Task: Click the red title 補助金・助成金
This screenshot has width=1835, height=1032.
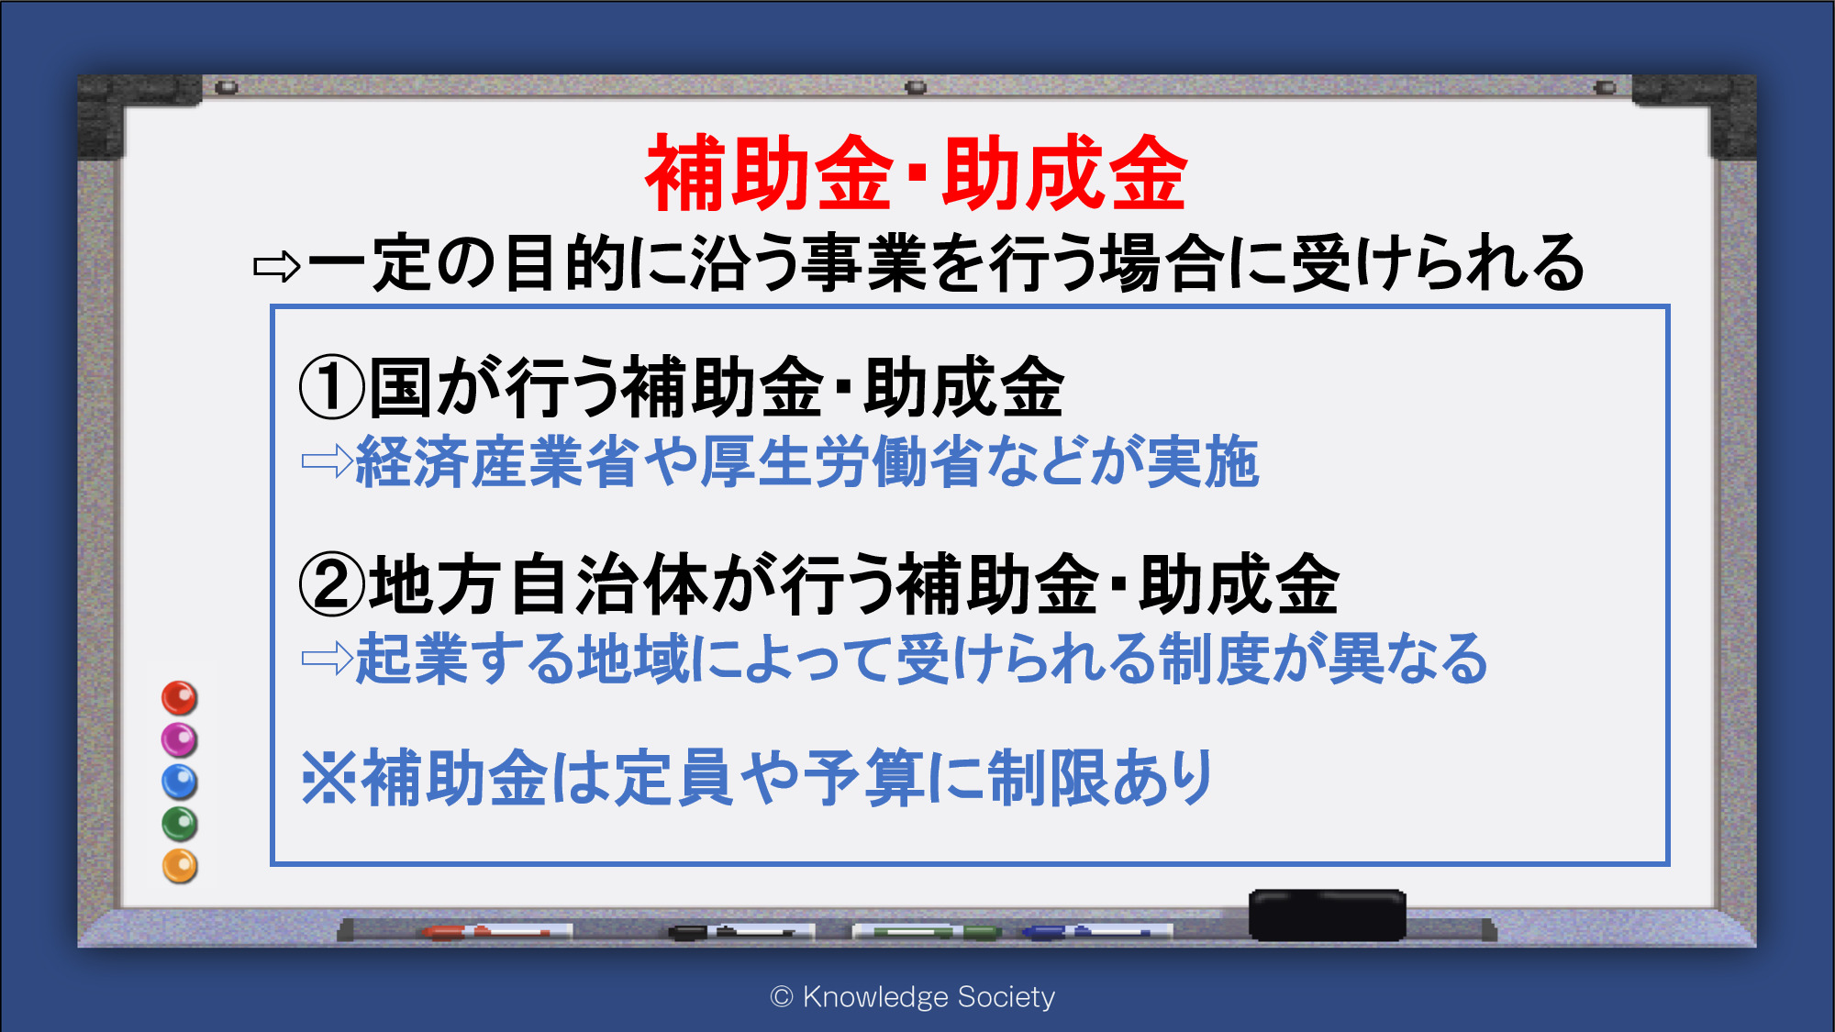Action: (x=917, y=172)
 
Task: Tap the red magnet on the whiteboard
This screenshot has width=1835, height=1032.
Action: (x=180, y=698)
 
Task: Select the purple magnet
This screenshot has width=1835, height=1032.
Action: (x=180, y=739)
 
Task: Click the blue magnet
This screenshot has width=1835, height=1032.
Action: (x=180, y=782)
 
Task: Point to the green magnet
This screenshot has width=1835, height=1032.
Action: (x=180, y=824)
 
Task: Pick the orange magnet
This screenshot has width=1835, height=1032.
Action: (x=180, y=866)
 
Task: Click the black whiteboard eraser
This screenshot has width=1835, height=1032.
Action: (x=1327, y=915)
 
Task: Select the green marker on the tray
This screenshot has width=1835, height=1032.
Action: (x=927, y=932)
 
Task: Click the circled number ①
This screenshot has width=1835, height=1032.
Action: (x=332, y=387)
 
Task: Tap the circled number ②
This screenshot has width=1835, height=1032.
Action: (x=332, y=584)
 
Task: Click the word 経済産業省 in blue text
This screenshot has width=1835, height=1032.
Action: (x=496, y=461)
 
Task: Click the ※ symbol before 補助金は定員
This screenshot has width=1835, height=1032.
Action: (x=329, y=778)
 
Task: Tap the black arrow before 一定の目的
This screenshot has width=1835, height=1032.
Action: (x=277, y=266)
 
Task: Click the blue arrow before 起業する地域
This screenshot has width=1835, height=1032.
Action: (x=328, y=658)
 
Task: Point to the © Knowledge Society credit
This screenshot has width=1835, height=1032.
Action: (x=913, y=996)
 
